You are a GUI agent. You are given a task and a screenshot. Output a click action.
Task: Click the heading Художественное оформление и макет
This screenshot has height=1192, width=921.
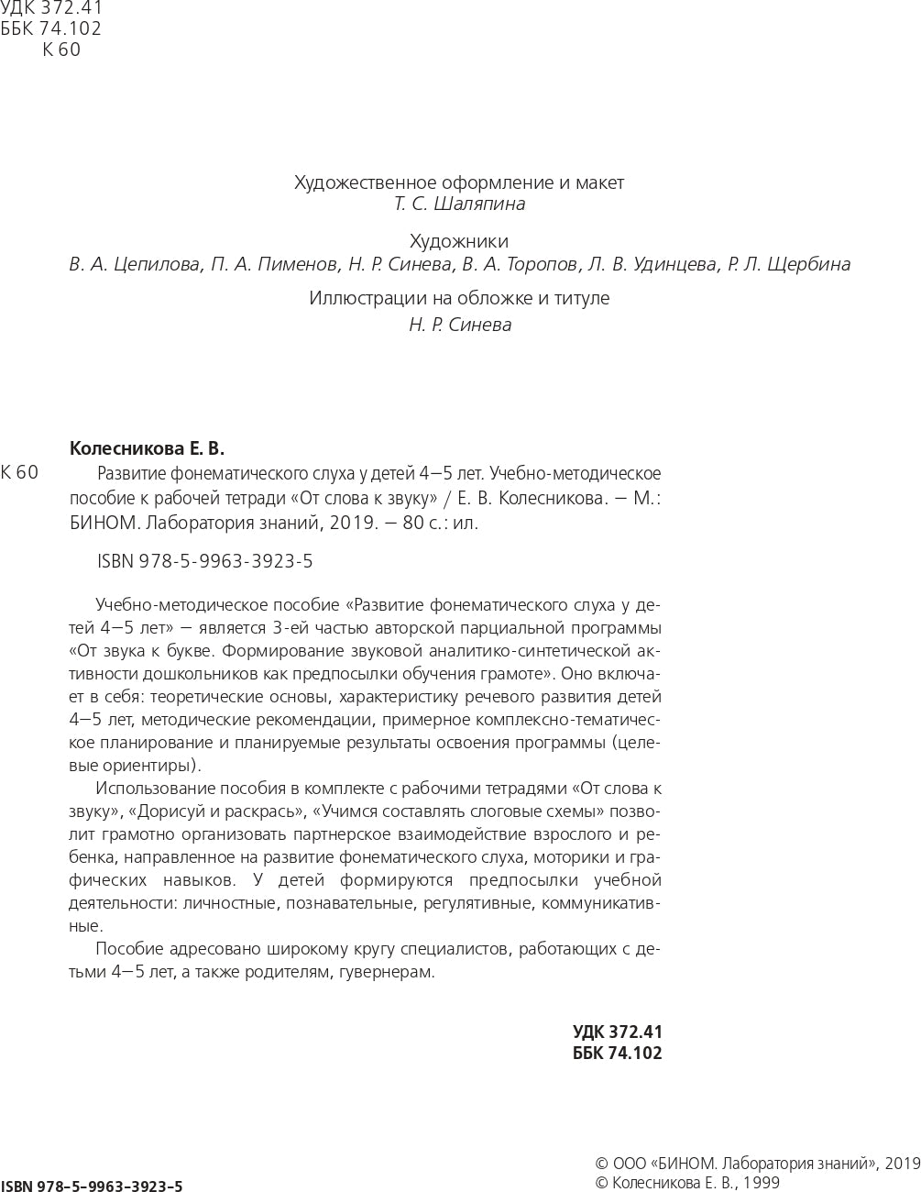point(458,182)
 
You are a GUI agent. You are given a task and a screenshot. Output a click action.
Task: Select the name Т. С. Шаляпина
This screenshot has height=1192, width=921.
point(459,204)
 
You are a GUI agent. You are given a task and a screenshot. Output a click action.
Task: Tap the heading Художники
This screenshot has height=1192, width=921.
point(458,242)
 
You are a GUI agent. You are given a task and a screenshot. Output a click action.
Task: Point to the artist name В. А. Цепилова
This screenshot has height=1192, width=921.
point(135,265)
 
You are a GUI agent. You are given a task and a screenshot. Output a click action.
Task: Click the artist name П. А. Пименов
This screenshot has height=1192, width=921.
point(274,265)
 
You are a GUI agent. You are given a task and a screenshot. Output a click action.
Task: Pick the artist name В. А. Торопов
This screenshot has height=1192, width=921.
point(520,265)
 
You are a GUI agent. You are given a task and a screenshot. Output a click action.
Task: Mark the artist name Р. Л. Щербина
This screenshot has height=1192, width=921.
point(789,265)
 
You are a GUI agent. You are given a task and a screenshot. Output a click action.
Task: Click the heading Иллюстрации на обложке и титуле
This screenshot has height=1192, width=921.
point(458,298)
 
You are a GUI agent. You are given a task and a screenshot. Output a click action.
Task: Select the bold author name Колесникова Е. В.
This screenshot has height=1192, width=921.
point(147,449)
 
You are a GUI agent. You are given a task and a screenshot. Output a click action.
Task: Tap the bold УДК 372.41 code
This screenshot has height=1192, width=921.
point(617,1032)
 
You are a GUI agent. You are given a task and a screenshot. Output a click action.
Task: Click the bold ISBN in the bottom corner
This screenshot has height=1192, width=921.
point(92,1186)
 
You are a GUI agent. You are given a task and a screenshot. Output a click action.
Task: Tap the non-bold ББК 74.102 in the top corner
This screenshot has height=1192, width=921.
point(50,28)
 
